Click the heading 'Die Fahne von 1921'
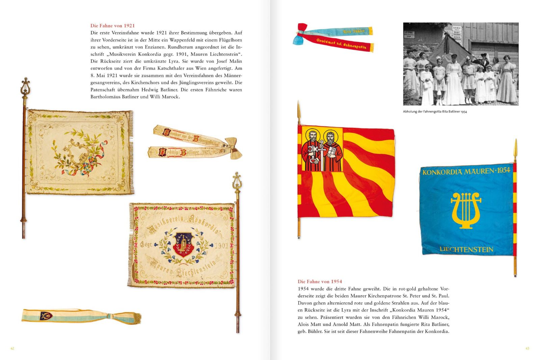[112, 26]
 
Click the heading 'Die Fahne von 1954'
[320, 281]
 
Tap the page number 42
[12, 348]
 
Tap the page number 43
[527, 348]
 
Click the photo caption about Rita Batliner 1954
[435, 111]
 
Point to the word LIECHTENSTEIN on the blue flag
[466, 250]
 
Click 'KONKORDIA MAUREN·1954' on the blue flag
[466, 172]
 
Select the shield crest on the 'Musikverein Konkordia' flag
[183, 244]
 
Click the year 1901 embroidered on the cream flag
[221, 245]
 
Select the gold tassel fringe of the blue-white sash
[135, 318]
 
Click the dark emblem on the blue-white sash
[47, 316]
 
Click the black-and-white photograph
[460, 64]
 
